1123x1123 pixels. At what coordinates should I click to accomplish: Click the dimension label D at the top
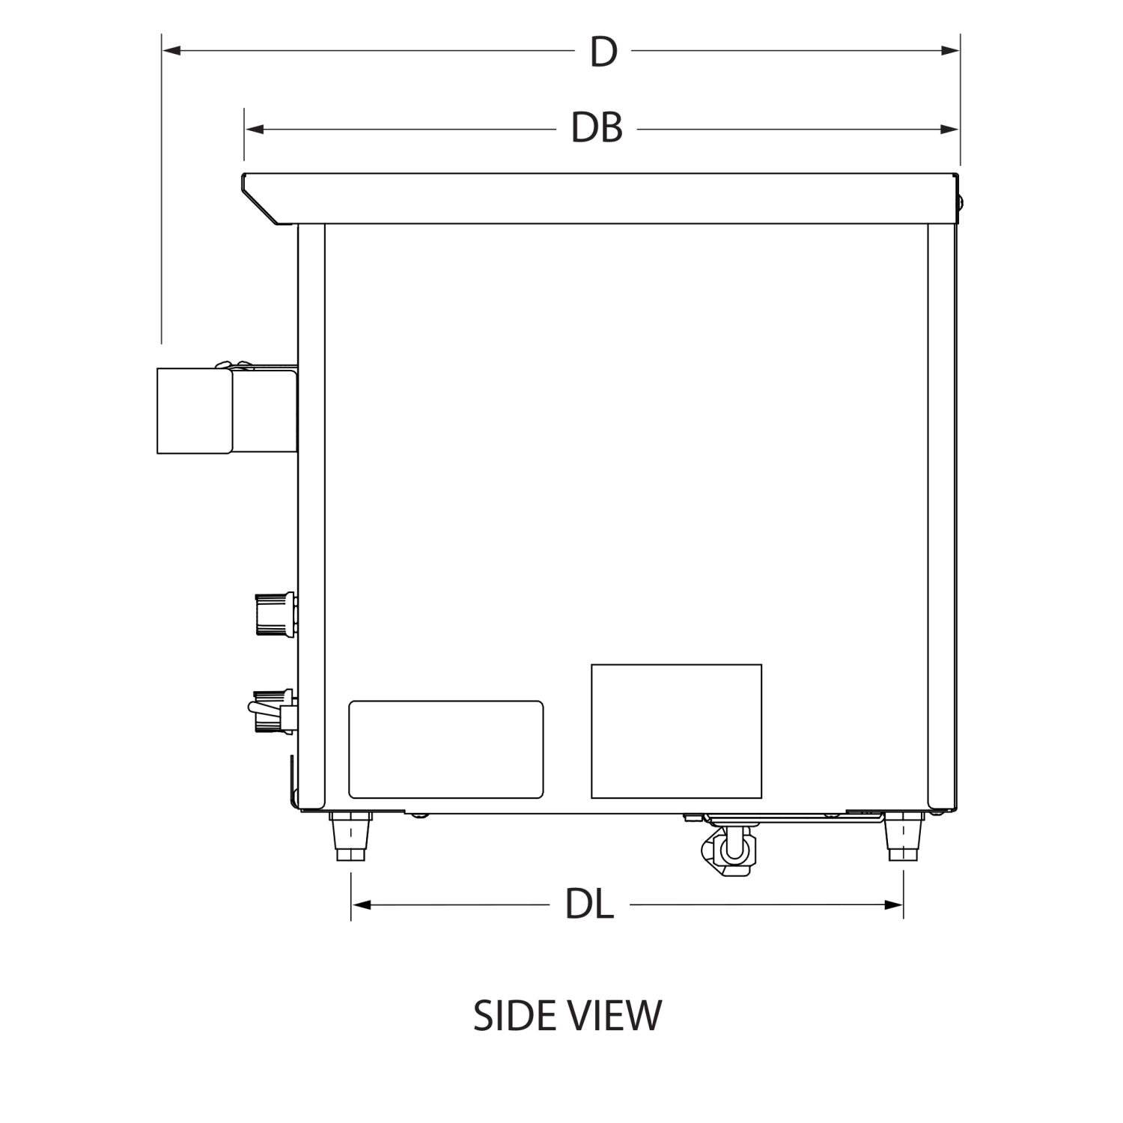click(x=603, y=52)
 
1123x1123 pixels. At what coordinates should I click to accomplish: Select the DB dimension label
click(x=597, y=128)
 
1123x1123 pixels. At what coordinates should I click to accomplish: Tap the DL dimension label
click(x=590, y=904)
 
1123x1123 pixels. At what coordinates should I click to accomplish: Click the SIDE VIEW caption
click(x=567, y=1016)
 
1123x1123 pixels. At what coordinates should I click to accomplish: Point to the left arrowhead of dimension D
click(x=171, y=50)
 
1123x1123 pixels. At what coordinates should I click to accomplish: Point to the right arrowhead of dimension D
click(x=951, y=50)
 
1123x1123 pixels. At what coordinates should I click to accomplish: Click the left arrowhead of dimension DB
click(x=254, y=130)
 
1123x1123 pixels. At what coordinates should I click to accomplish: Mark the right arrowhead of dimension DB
click(x=951, y=130)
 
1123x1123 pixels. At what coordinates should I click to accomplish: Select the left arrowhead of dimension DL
click(x=361, y=905)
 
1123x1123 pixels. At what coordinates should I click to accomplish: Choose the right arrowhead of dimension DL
click(x=894, y=905)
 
